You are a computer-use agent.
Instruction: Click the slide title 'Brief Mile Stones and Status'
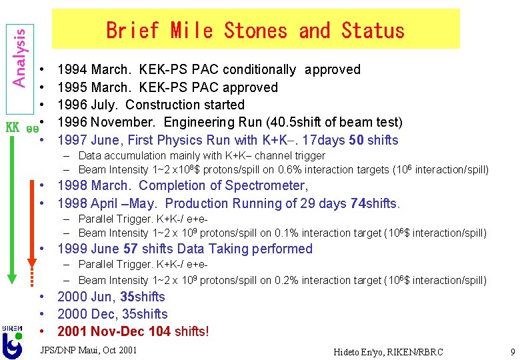(x=255, y=30)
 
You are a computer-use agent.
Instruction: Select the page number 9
(x=511, y=351)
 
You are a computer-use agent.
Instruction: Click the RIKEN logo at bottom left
(x=12, y=341)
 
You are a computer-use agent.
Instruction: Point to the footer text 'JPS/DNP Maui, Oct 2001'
(x=88, y=350)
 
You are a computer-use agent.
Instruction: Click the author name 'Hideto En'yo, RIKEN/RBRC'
(x=388, y=352)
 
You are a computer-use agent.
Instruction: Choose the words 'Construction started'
(x=185, y=105)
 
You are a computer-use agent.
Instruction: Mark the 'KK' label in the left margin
(x=11, y=127)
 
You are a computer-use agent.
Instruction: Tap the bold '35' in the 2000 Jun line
(x=127, y=297)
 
